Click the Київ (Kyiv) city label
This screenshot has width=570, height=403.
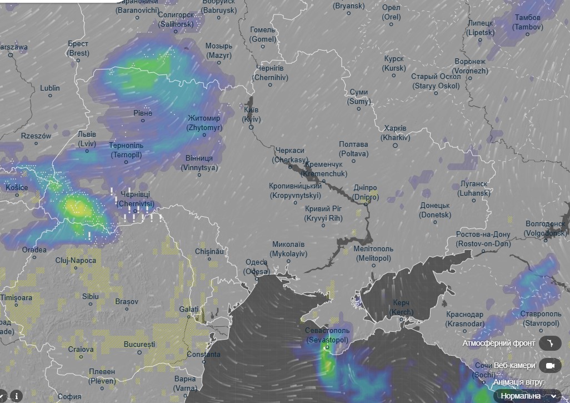click(251, 114)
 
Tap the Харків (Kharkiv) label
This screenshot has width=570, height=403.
click(395, 133)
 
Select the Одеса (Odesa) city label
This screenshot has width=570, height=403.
click(256, 267)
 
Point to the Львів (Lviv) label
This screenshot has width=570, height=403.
click(87, 139)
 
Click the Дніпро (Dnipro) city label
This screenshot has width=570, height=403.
click(366, 193)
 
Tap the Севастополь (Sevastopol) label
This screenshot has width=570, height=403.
click(327, 335)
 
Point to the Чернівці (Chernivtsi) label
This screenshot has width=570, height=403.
click(136, 200)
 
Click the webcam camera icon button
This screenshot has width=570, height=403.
click(551, 365)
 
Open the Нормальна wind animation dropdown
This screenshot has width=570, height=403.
click(527, 396)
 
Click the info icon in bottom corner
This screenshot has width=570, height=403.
click(17, 396)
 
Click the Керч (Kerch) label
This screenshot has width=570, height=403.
click(401, 307)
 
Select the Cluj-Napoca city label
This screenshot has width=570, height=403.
click(76, 260)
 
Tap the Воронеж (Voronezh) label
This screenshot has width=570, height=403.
click(470, 66)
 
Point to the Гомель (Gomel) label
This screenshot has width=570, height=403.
click(263, 34)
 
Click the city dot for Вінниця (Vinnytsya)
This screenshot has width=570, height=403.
click(199, 175)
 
